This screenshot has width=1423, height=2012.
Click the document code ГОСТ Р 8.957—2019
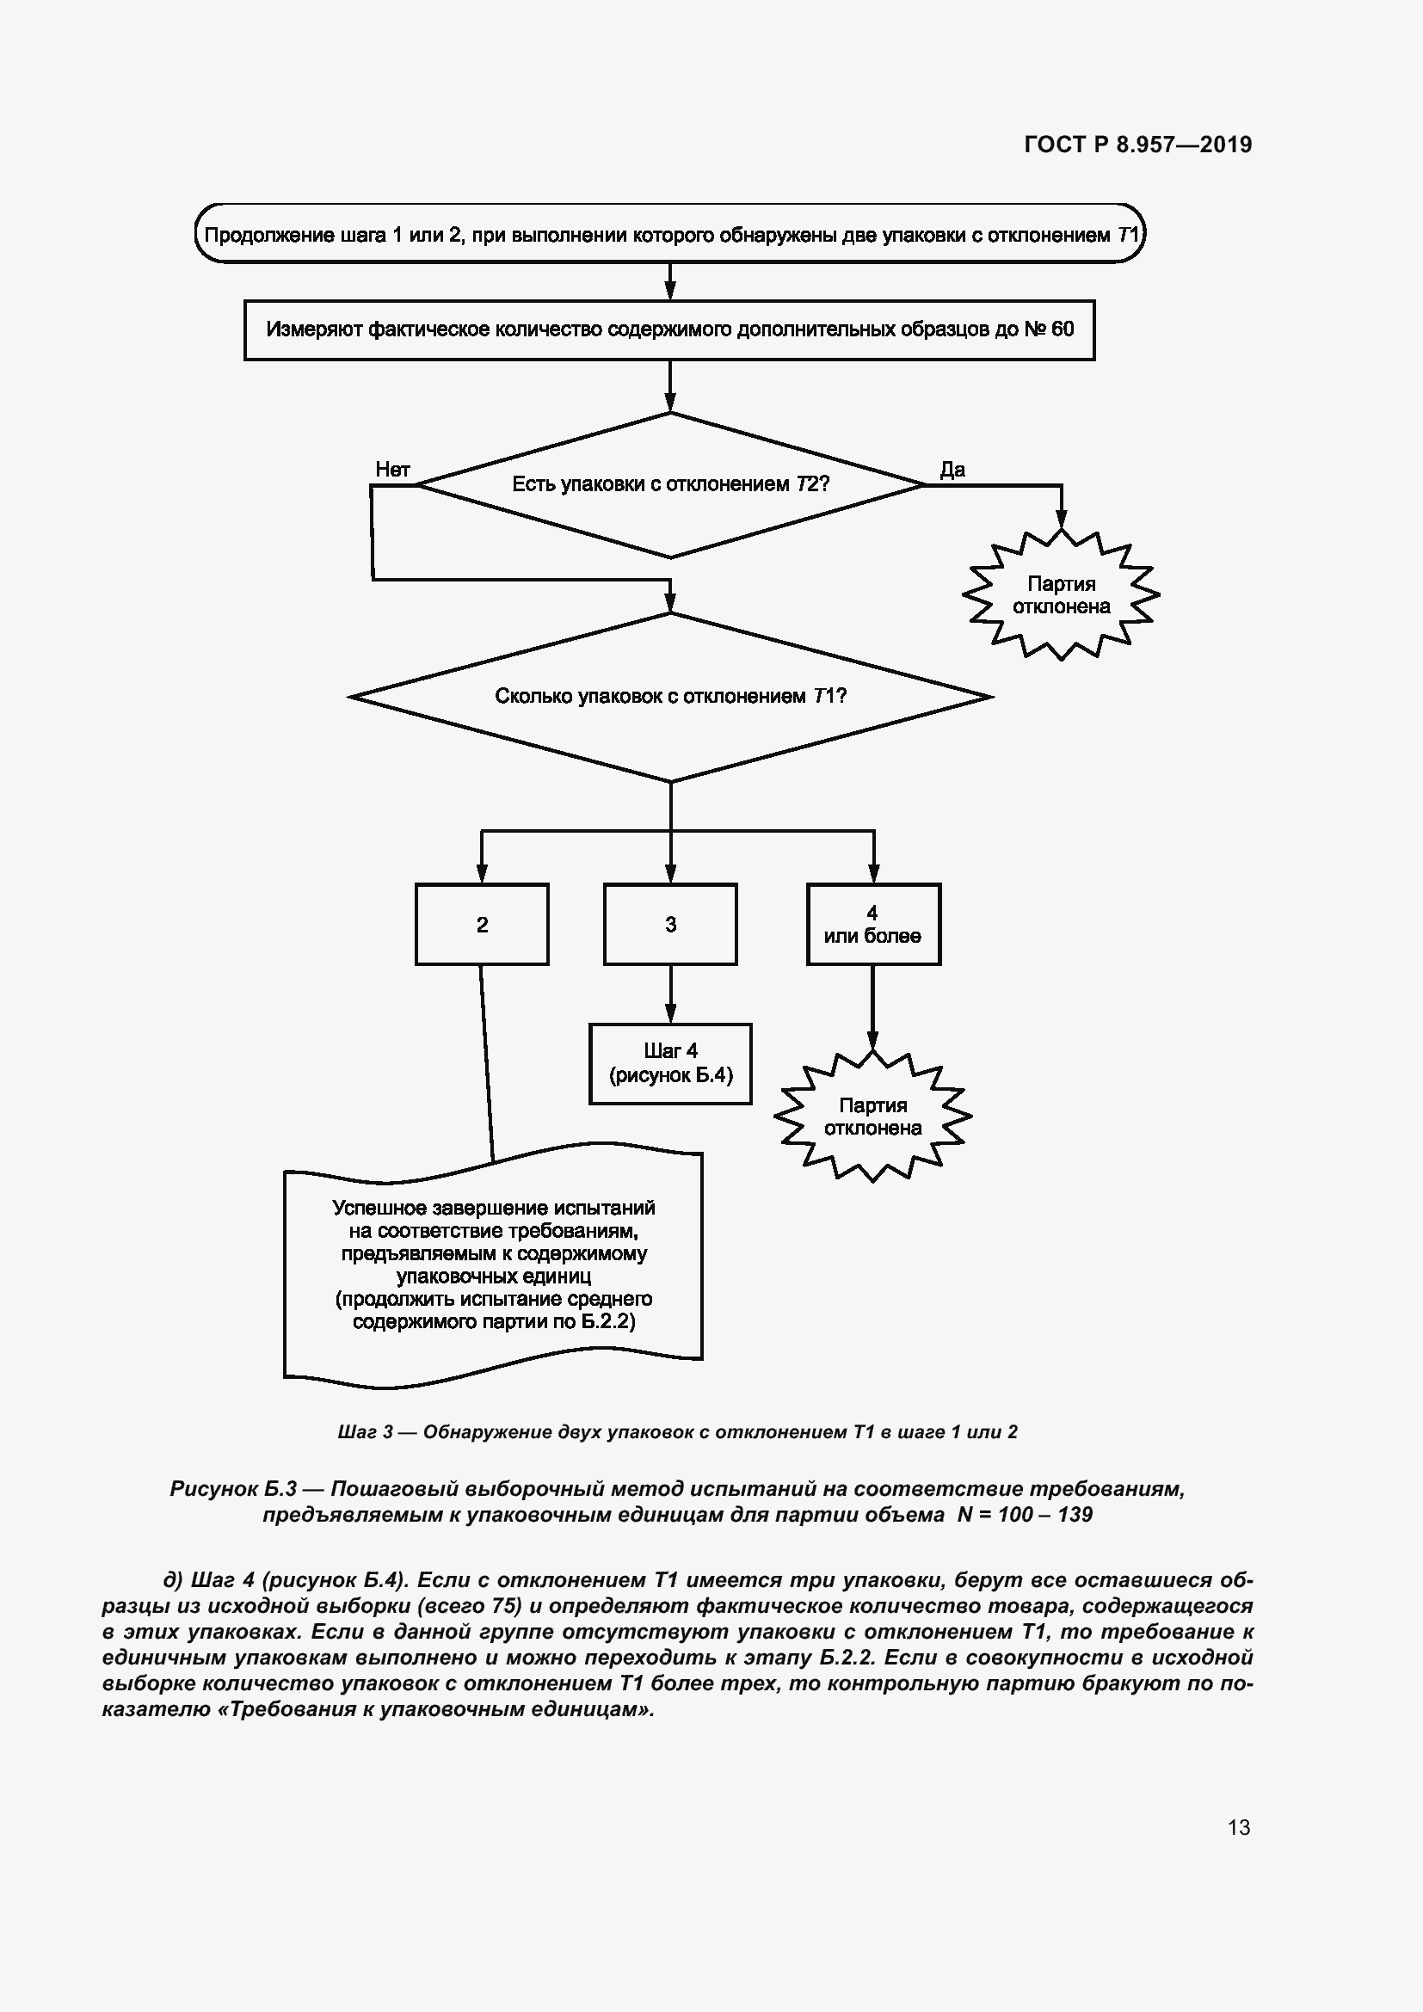[1137, 145]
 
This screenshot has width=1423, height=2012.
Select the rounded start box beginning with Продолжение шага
[669, 235]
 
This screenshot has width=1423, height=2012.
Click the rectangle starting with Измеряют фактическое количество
[669, 330]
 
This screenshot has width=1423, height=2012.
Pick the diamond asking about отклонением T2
[670, 484]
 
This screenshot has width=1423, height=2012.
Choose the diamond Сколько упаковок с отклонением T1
[670, 697]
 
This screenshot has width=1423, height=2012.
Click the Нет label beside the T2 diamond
[392, 470]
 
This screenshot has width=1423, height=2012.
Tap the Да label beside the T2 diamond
[952, 470]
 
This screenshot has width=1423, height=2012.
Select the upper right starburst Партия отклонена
[1060, 595]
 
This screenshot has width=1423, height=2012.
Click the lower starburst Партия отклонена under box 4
[872, 1117]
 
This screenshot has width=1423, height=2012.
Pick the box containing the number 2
[482, 925]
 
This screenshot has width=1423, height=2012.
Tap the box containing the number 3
[670, 925]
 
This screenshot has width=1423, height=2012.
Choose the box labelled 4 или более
[872, 925]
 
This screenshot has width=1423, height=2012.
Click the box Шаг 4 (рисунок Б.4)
[670, 1063]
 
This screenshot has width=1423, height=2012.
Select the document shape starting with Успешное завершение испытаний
[493, 1266]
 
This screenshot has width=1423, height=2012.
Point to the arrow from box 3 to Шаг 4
[670, 994]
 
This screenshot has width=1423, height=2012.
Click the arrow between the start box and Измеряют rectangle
[670, 282]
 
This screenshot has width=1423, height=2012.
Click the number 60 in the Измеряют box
[1062, 329]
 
